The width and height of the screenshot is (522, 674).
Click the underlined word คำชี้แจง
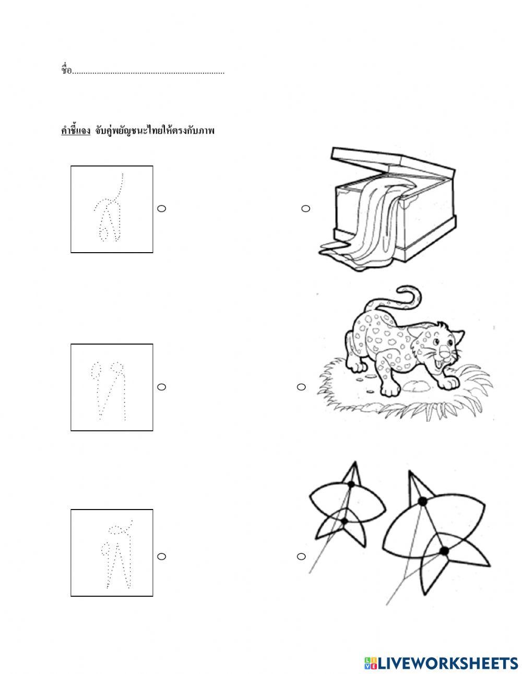coord(76,131)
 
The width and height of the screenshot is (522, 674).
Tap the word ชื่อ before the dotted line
coord(66,70)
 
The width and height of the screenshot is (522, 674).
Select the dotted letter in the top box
coord(109,207)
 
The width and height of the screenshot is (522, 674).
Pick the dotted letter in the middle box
coord(108,391)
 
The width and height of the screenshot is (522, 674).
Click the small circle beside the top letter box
coord(161,208)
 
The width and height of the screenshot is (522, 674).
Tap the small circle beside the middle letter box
coord(161,387)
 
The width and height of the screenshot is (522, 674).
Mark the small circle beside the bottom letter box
coord(161,557)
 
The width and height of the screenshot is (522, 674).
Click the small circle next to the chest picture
coord(306,209)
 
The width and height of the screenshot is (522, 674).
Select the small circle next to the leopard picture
coord(301,387)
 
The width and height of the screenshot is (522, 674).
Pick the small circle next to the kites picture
coord(301,557)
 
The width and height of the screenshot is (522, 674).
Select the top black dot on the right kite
coord(422,501)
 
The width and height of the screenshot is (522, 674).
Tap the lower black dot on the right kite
coord(444,551)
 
